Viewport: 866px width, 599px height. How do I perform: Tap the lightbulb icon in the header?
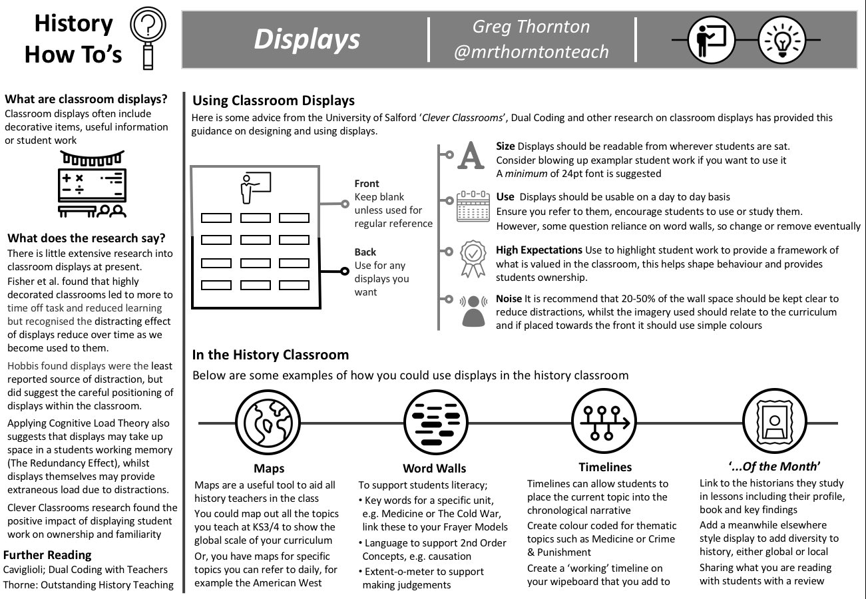(x=781, y=40)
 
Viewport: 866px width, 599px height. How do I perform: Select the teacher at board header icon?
(x=711, y=40)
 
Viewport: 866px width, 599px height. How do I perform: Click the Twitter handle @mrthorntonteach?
(x=531, y=52)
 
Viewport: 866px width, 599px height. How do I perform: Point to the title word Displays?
(x=307, y=40)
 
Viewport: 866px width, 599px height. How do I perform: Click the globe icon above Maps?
(x=269, y=422)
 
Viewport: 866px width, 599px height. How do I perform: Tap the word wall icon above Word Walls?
(x=434, y=422)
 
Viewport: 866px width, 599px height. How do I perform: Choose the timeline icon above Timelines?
(x=605, y=422)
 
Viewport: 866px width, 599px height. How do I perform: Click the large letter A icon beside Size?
(x=472, y=155)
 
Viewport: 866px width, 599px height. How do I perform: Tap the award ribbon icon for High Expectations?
(x=473, y=258)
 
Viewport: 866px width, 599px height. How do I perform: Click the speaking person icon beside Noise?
(x=473, y=309)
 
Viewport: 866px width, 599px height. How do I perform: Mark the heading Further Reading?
(x=47, y=555)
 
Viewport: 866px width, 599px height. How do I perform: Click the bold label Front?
(x=367, y=184)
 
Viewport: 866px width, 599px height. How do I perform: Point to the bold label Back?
(x=365, y=252)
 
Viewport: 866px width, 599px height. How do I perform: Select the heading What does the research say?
(x=87, y=238)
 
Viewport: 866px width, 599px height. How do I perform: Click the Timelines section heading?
(x=605, y=467)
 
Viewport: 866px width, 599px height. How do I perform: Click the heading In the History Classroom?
(x=270, y=355)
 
